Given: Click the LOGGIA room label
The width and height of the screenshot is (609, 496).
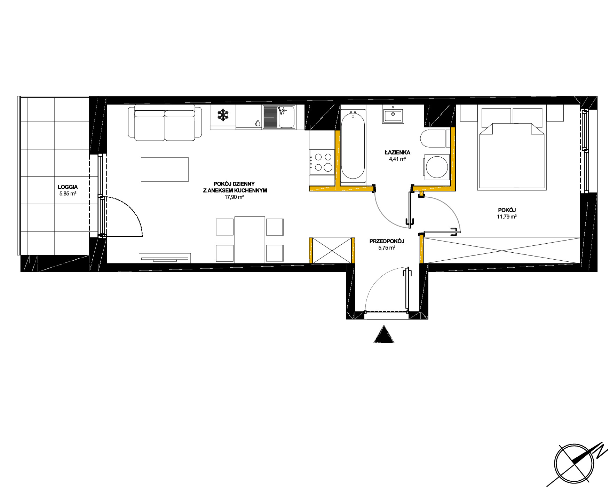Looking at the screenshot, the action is pyautogui.click(x=68, y=187).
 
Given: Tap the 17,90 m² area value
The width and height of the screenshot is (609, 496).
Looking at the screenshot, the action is pyautogui.click(x=234, y=197).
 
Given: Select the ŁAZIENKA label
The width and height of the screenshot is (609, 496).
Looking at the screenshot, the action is pyautogui.click(x=397, y=152).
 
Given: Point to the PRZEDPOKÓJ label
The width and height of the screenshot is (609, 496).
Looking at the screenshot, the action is pyautogui.click(x=387, y=241).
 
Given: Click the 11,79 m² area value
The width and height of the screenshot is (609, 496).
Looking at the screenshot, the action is pyautogui.click(x=507, y=216).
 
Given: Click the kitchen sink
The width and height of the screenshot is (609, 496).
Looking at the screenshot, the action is pyautogui.click(x=279, y=117).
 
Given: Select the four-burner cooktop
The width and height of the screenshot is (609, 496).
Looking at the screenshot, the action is pyautogui.click(x=322, y=162).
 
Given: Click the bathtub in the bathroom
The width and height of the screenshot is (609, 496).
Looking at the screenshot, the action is pyautogui.click(x=353, y=146).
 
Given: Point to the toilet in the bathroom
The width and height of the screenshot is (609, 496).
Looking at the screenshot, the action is pyautogui.click(x=433, y=139).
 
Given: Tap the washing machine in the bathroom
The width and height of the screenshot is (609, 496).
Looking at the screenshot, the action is pyautogui.click(x=436, y=167).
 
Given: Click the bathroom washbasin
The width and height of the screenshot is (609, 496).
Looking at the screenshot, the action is pyautogui.click(x=393, y=114).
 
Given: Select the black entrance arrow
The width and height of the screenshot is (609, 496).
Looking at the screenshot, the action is pyautogui.click(x=384, y=334).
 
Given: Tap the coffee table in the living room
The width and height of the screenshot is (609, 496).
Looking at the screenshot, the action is pyautogui.click(x=165, y=170).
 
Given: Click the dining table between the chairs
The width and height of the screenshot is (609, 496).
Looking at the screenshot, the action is pyautogui.click(x=250, y=240).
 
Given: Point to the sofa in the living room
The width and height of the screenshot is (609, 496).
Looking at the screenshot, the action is pyautogui.click(x=165, y=123).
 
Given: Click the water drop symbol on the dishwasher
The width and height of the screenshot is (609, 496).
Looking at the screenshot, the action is pyautogui.click(x=258, y=123).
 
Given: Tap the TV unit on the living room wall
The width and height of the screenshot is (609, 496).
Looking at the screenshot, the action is pyautogui.click(x=165, y=258).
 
